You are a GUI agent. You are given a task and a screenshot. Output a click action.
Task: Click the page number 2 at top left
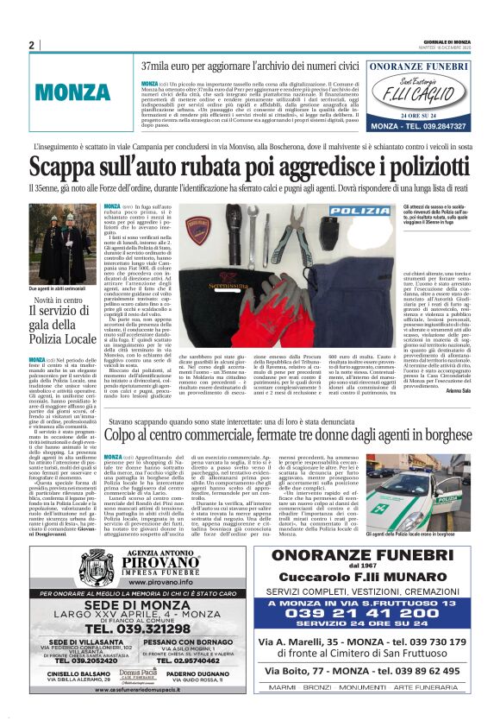[31, 45]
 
